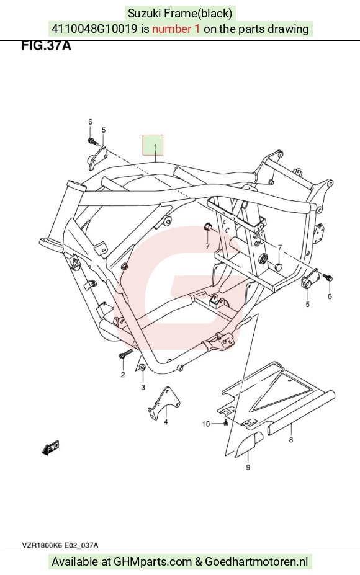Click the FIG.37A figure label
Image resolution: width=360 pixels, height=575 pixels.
[46, 45]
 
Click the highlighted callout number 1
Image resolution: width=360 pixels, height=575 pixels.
[155, 146]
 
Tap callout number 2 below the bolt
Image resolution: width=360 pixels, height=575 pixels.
[123, 375]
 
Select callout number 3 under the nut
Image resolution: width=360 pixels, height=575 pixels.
[143, 387]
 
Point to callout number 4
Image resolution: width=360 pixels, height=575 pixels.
[166, 422]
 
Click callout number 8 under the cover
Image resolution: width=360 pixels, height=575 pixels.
[291, 439]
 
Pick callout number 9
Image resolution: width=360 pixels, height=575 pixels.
[248, 467]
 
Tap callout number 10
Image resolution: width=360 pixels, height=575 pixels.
[206, 424]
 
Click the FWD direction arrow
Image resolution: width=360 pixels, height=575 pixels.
[50, 447]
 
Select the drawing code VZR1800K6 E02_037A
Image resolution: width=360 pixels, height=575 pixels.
[60, 545]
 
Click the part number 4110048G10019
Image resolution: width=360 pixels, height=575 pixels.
[94, 29]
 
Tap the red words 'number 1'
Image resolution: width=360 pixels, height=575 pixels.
[176, 29]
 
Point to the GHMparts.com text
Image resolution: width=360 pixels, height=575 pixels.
[153, 561]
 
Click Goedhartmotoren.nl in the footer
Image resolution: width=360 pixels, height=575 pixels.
[256, 561]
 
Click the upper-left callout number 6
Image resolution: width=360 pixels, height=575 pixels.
[90, 122]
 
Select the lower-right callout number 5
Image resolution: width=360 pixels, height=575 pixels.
[307, 304]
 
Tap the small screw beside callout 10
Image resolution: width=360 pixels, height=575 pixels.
[226, 423]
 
